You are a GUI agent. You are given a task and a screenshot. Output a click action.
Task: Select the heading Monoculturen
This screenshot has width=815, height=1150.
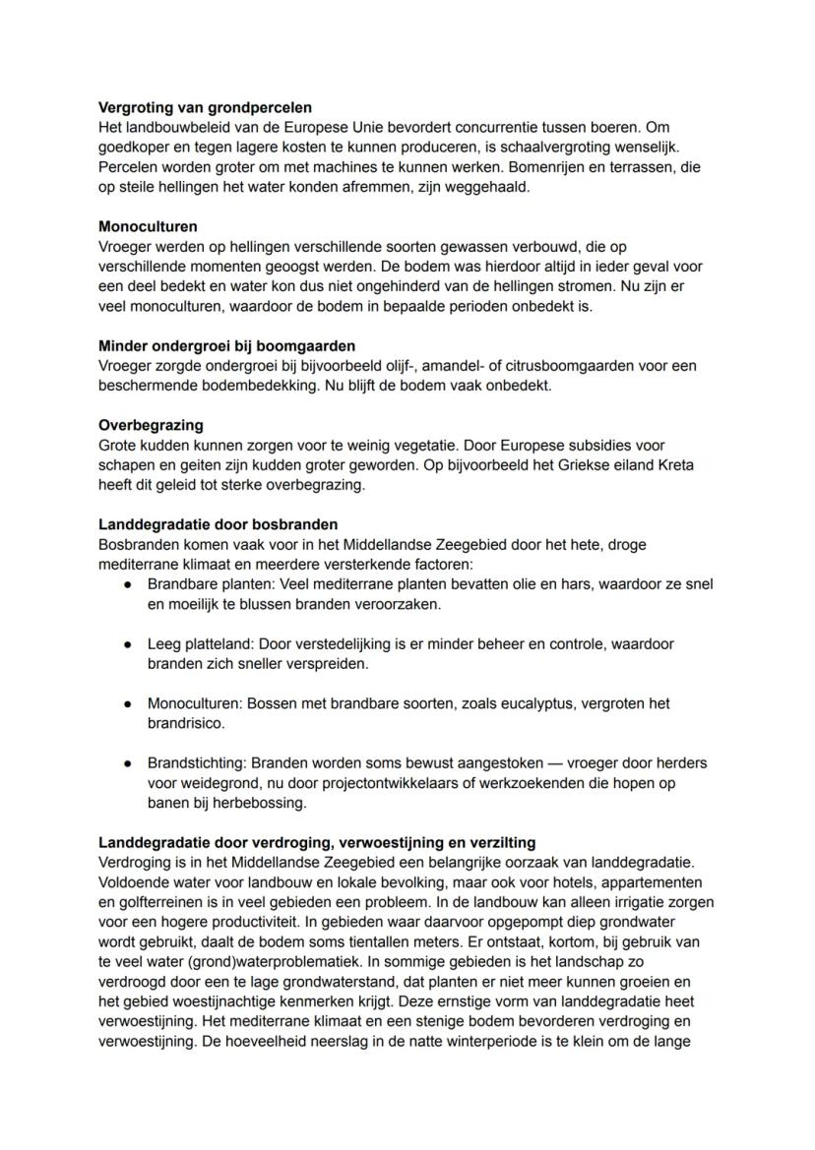(148, 226)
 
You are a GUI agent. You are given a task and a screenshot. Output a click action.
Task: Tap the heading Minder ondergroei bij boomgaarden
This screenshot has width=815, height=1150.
(226, 345)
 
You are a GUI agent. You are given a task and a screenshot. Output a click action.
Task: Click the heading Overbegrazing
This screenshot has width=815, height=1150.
(151, 425)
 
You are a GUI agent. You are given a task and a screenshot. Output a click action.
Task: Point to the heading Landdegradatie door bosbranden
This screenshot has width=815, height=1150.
(218, 524)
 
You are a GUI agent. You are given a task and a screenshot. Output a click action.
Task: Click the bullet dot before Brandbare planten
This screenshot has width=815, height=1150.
(128, 584)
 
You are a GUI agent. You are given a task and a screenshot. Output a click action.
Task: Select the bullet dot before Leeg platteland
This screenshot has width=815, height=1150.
(128, 644)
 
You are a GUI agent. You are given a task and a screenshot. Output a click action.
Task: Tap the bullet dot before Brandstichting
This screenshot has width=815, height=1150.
(128, 762)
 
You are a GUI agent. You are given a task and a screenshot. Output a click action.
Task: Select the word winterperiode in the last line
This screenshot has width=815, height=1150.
(499, 1040)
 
